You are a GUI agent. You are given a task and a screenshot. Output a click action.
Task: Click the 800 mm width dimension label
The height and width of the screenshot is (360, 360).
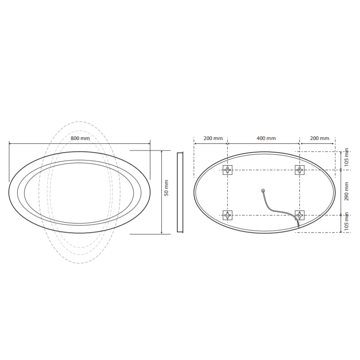(80, 138)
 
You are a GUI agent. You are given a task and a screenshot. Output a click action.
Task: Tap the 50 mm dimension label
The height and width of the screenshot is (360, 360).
(166, 188)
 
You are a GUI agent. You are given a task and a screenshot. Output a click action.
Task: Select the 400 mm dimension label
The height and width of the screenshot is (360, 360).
(266, 138)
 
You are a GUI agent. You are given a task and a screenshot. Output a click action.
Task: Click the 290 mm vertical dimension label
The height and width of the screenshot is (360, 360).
(347, 191)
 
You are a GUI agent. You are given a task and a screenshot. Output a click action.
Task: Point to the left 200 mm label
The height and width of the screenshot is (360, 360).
(213, 138)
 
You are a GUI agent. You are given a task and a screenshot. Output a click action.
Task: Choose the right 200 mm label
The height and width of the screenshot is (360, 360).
(319, 138)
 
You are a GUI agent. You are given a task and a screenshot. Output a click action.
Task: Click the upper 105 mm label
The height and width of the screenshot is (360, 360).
(347, 157)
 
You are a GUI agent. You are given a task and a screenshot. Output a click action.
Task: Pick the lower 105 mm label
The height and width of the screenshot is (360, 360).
(347, 221)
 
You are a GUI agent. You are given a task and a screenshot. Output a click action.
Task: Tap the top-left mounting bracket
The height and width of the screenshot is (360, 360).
(228, 170)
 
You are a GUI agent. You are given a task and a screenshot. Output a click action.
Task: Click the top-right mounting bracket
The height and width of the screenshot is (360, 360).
(300, 170)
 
